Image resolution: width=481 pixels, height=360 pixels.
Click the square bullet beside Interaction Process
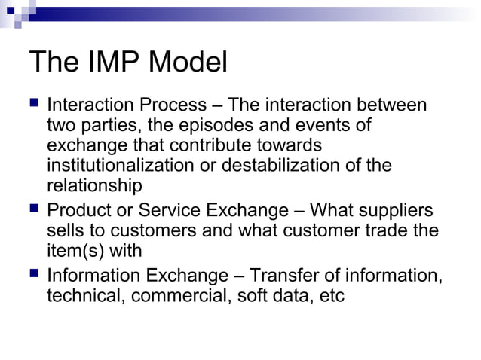click(32, 104)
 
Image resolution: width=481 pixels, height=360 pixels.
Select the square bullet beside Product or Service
click(32, 209)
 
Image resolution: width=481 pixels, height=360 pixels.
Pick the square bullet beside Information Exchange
click(32, 275)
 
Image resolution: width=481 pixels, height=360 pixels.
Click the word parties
click(106, 125)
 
